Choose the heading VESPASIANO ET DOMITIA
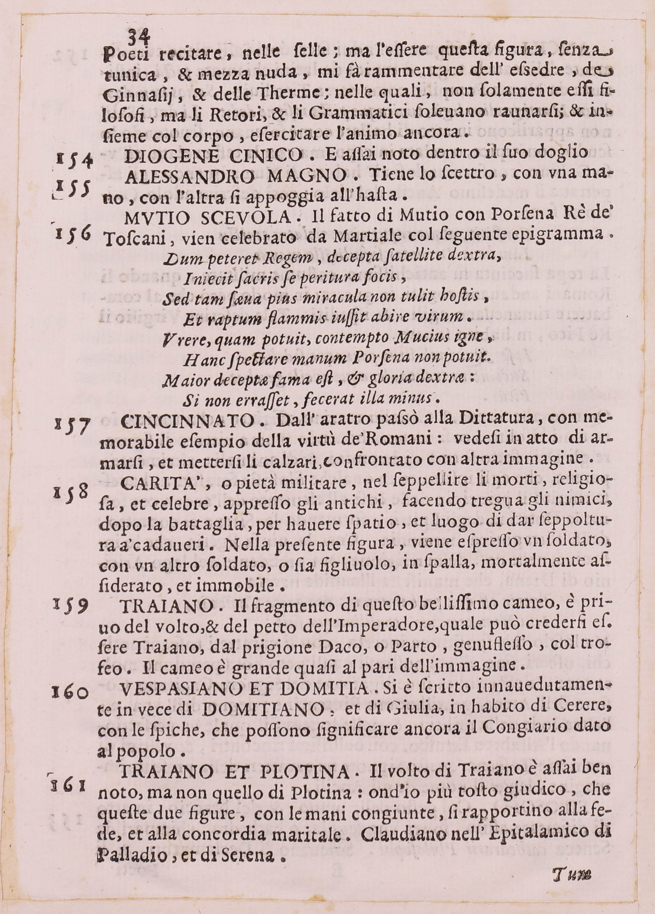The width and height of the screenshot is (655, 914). (x=244, y=688)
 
